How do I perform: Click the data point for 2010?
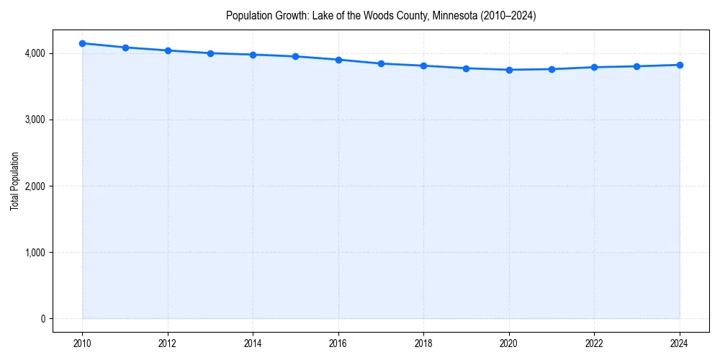tap(83, 43)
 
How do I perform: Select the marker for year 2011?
tap(125, 48)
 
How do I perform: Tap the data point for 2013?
tap(210, 53)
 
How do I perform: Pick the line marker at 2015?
tap(296, 56)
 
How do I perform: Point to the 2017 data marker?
tap(381, 63)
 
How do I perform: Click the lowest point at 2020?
tap(509, 70)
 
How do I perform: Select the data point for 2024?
tap(680, 65)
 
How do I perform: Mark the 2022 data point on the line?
tap(594, 67)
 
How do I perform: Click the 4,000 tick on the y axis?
tap(34, 53)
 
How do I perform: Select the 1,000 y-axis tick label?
tap(34, 253)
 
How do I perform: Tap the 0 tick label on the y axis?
tap(42, 319)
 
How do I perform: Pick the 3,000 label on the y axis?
tap(34, 120)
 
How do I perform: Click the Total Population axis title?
tap(14, 181)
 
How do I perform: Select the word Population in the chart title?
tap(248, 15)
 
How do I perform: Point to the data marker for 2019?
tap(467, 68)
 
